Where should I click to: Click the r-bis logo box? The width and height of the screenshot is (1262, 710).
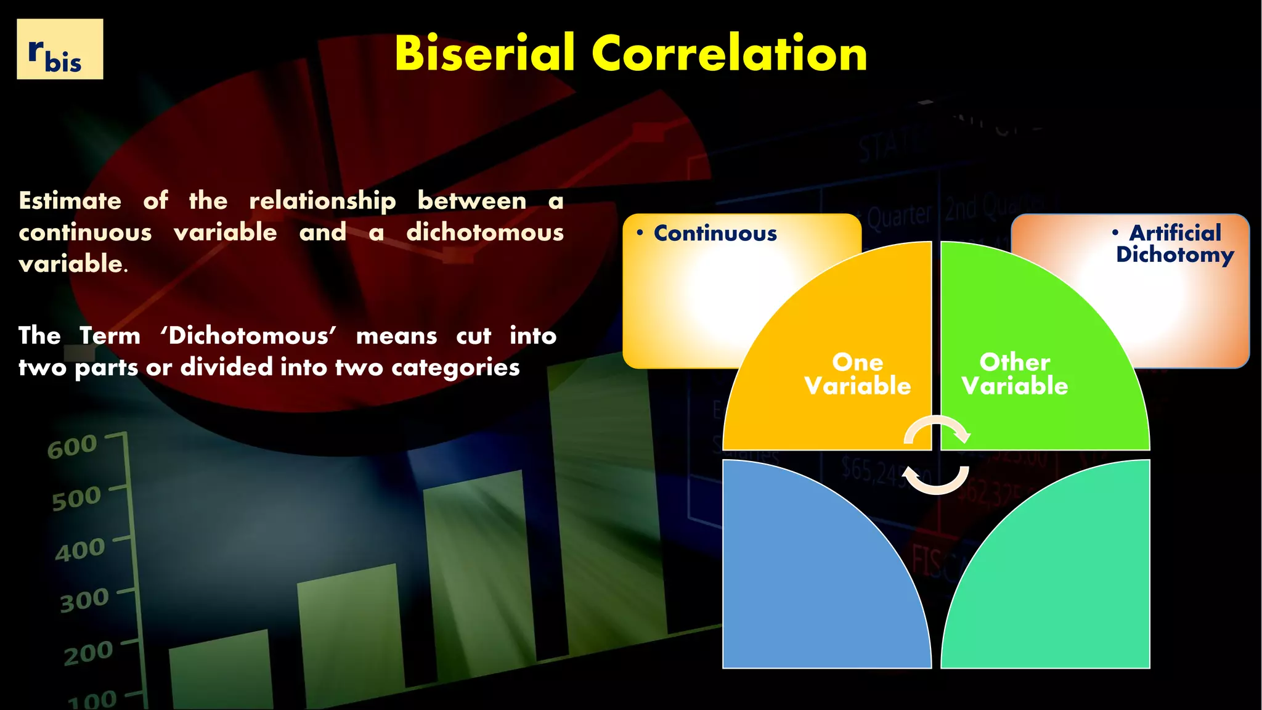click(60, 49)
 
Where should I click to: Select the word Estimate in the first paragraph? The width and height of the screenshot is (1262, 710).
click(70, 201)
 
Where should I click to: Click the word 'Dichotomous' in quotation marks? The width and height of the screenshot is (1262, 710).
click(248, 336)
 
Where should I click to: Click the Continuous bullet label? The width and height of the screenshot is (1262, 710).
click(715, 234)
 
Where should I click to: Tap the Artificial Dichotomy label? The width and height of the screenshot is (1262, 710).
click(1174, 243)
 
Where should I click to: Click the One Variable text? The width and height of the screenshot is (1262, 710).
click(857, 374)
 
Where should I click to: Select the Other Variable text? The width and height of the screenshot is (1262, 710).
click(1014, 374)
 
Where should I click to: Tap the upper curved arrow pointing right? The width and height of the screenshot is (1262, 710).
click(937, 429)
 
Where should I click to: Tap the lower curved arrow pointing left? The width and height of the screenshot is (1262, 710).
click(936, 480)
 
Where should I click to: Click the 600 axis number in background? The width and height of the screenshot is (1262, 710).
click(72, 447)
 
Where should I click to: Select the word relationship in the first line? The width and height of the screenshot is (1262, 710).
click(322, 201)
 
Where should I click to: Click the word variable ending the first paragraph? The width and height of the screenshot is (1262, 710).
click(71, 264)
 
